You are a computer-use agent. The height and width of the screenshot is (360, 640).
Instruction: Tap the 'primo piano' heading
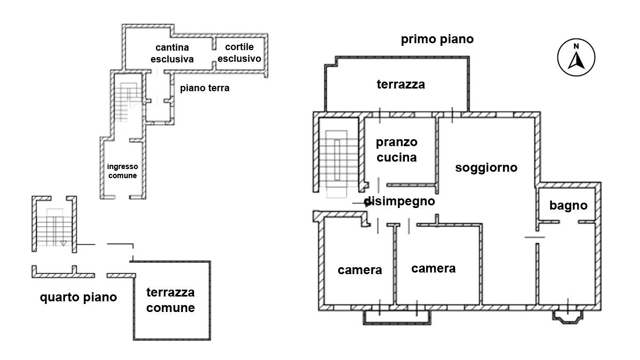pos(437,39)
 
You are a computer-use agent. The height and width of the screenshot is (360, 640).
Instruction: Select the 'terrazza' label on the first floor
pos(401,84)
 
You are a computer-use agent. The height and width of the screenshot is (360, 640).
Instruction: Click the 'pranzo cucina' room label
pos(396,150)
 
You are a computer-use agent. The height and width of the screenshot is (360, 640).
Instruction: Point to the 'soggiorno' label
pos(486,167)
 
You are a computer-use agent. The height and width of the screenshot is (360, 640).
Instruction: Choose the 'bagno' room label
pos(568,205)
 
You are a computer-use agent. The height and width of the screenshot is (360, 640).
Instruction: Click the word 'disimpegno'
pos(400,202)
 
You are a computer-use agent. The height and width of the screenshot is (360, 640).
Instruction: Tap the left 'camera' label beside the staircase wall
pos(360,270)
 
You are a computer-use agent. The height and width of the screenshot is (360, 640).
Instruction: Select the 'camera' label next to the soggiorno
pos(433,268)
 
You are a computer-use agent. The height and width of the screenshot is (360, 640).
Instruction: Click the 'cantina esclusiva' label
pos(172,53)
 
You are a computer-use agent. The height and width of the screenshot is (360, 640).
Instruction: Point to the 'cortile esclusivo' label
pos(239,53)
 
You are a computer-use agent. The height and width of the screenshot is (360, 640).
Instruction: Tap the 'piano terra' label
pos(205,89)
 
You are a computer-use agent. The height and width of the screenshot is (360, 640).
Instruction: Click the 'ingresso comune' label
pos(123,171)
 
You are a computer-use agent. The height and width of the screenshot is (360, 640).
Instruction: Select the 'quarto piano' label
pos(78,297)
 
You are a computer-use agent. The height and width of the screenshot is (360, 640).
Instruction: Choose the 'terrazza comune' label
pos(170,300)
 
